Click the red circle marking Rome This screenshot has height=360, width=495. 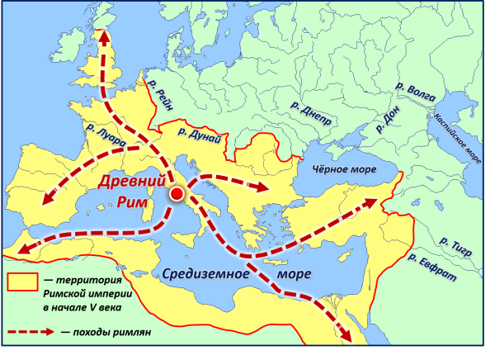[x=177, y=194]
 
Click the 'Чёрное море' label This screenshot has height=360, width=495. [x=341, y=170]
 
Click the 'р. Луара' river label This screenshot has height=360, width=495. [x=105, y=135]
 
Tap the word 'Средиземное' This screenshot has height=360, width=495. [x=203, y=275]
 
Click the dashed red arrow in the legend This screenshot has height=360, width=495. [x=28, y=332]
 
